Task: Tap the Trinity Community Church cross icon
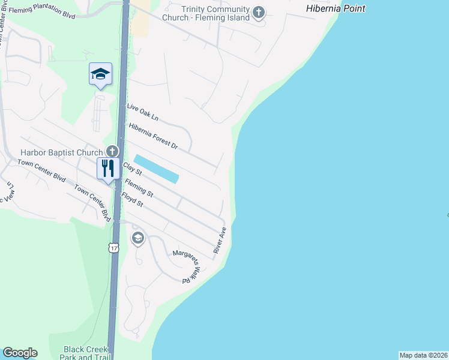[259, 13]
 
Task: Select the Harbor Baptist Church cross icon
[111, 151]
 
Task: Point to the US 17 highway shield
[113, 247]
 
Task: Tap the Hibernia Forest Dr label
[154, 136]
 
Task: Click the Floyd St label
[132, 199]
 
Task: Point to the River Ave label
[219, 239]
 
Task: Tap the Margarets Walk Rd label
[186, 266]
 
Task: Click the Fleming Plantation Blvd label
[42, 10]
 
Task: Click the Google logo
[20, 353]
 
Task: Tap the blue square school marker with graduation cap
[100, 74]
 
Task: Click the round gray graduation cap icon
[138, 239]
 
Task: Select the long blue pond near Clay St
[156, 169]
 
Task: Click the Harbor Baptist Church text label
[61, 153]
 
